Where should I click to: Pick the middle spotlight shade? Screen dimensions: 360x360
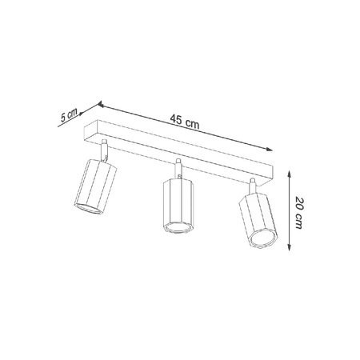pos(178,206)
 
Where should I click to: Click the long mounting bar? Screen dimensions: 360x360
pos(184,148)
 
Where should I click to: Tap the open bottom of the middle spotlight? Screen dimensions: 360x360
pos(178,230)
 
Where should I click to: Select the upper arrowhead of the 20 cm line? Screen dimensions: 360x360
pos(286,170)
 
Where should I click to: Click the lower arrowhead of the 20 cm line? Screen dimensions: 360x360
pos(286,255)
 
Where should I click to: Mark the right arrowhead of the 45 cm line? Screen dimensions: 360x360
pos(270,146)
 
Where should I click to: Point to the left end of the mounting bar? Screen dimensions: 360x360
pos(90,129)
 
